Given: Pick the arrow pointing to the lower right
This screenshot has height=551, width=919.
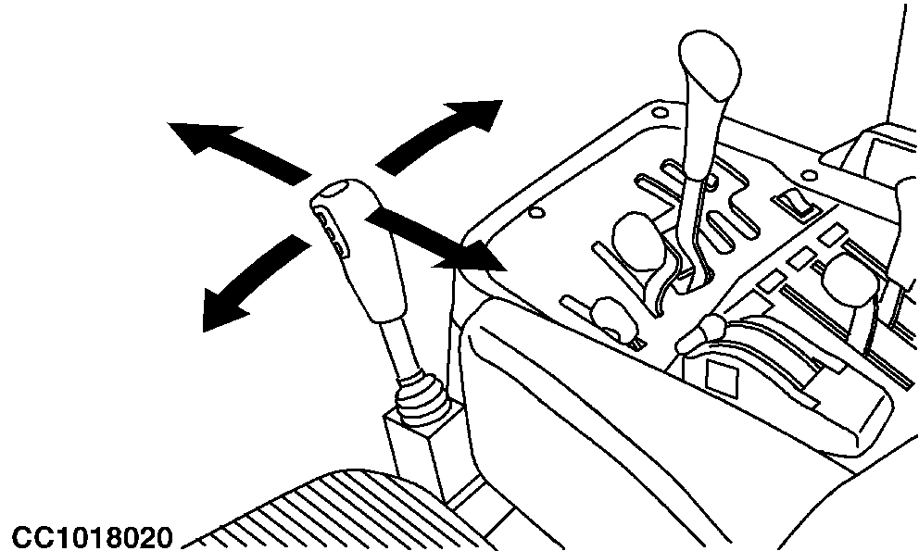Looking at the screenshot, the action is [x=436, y=241].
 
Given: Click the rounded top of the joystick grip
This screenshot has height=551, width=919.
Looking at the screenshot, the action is [x=338, y=191].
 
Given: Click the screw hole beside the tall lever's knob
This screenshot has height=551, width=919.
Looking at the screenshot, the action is [x=660, y=112].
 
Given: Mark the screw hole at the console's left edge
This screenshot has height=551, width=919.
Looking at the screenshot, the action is [x=535, y=212].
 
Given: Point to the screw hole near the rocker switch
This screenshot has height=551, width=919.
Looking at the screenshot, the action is [x=809, y=175].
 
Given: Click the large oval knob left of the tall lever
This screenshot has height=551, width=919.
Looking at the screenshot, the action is [x=639, y=242].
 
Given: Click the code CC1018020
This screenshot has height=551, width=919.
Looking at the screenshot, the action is [x=93, y=537].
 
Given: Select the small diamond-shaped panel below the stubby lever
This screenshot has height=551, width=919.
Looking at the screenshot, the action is [x=722, y=375].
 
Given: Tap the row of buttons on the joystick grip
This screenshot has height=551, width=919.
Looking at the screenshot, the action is [x=333, y=234].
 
